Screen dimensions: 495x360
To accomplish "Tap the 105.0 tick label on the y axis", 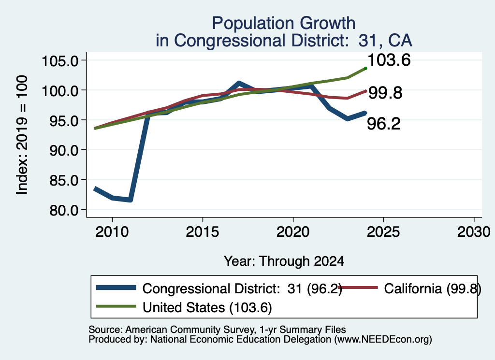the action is click(60, 61).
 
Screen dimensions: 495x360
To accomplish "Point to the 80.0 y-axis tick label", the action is click(64, 210).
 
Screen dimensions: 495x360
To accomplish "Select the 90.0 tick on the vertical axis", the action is click(64, 150).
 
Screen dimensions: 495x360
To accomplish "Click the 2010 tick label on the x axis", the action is click(112, 232).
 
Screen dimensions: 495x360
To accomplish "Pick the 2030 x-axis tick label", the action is click(474, 232).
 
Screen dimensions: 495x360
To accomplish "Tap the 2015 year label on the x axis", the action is click(203, 232).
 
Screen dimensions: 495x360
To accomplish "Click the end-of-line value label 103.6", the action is click(389, 60).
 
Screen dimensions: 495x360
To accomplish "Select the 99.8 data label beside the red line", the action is click(385, 93).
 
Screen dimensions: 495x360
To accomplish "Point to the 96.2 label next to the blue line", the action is click(384, 123).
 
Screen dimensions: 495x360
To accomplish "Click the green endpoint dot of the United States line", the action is click(365, 68).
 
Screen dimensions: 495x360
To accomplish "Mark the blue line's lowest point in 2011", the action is click(130, 200).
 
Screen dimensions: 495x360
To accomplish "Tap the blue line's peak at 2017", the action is click(239, 83).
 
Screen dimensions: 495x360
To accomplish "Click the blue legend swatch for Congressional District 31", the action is click(116, 288).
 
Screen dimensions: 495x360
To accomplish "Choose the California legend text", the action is click(433, 288).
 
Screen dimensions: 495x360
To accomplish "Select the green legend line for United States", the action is click(116, 306).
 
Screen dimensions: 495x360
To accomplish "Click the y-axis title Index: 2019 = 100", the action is click(22, 135).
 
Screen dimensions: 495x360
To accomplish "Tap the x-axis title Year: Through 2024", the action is click(284, 261).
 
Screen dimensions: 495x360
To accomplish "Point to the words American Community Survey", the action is click(190, 330).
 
